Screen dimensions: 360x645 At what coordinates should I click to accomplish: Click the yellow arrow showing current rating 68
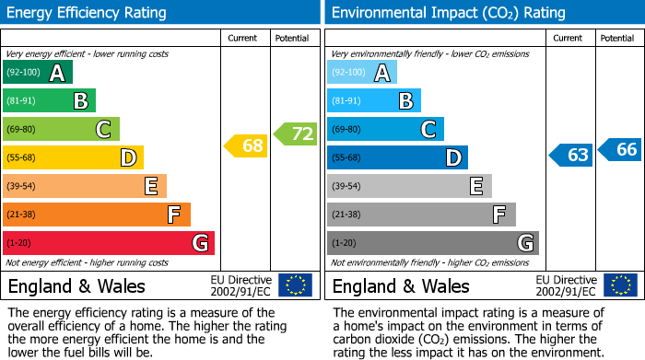tap(246, 145)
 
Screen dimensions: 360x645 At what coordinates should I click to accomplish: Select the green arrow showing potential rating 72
tap(296, 134)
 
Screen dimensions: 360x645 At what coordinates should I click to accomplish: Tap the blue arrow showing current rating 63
tap(570, 155)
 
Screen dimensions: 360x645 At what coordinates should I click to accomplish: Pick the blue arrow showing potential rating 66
tap(620, 149)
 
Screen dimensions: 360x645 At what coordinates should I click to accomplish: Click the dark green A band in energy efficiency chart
tap(38, 73)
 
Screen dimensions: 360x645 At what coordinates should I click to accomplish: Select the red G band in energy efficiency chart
tap(109, 243)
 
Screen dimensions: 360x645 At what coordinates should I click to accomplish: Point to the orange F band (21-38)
tap(97, 215)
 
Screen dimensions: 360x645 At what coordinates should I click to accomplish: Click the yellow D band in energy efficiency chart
tap(73, 157)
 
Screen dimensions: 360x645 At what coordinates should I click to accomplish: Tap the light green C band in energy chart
tap(61, 129)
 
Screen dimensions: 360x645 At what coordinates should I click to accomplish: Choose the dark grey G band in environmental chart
tap(432, 243)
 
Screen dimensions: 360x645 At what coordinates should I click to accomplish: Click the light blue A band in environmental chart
tap(362, 73)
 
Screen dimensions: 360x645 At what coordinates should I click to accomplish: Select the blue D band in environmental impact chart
tap(397, 157)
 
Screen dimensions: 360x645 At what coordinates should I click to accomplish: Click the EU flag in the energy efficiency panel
tap(295, 285)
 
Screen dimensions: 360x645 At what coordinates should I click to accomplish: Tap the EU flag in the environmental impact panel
tap(619, 285)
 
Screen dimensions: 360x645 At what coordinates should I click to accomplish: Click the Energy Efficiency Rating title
tap(88, 13)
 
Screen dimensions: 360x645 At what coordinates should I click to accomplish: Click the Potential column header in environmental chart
tap(617, 38)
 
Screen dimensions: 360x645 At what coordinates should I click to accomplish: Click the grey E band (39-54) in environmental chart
tap(409, 186)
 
